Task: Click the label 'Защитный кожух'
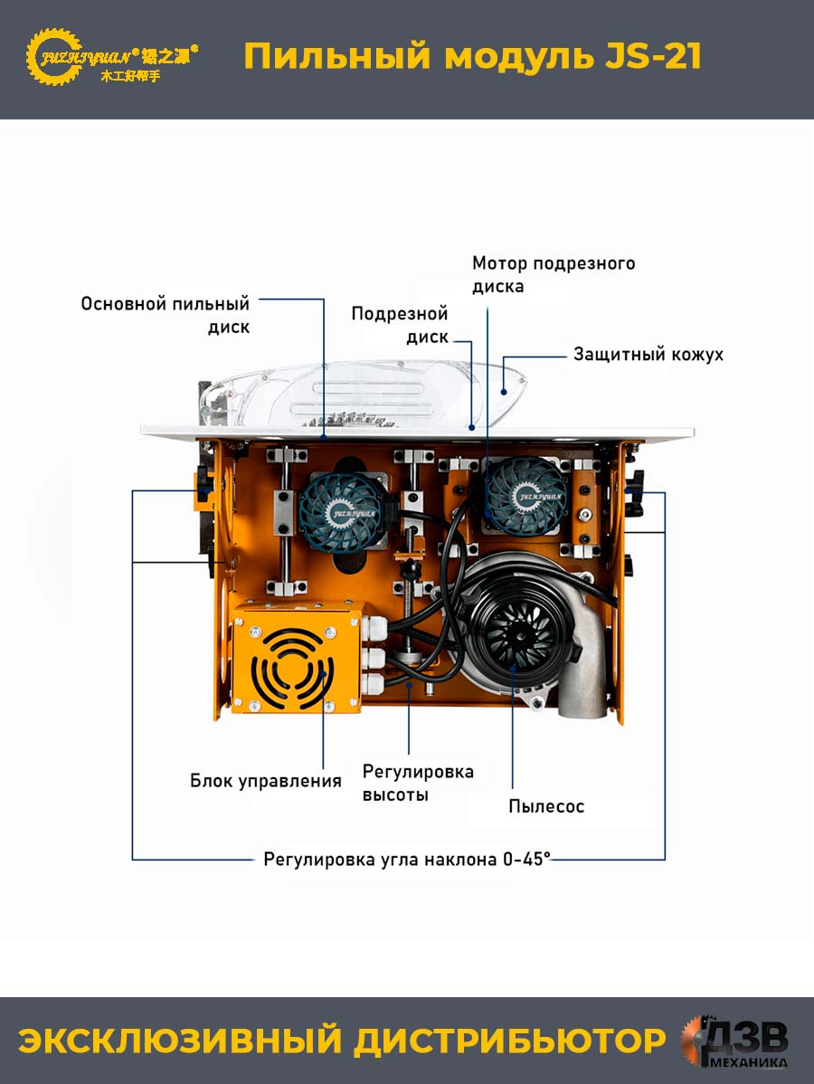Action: point(648,355)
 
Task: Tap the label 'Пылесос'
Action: point(546,806)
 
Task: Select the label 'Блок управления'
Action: point(266,781)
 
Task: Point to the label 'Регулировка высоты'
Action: point(418,783)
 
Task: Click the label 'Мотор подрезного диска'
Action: point(554,274)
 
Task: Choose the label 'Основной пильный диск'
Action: point(166,315)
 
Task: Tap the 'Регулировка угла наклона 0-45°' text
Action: point(407,860)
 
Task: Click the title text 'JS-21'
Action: point(653,56)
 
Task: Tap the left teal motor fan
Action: point(341,506)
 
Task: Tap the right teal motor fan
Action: point(527,495)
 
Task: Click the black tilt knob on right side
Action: point(635,490)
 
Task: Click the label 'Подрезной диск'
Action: point(400,325)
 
